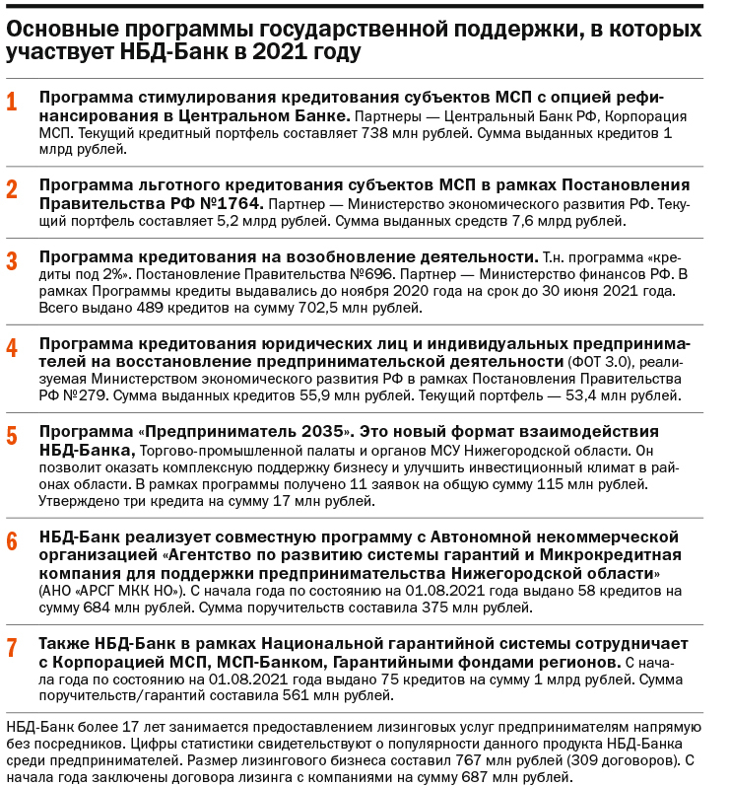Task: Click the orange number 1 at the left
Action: tap(12, 103)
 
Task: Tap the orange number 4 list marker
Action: tap(12, 348)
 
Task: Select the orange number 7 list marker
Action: tap(12, 648)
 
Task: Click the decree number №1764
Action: tap(221, 203)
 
